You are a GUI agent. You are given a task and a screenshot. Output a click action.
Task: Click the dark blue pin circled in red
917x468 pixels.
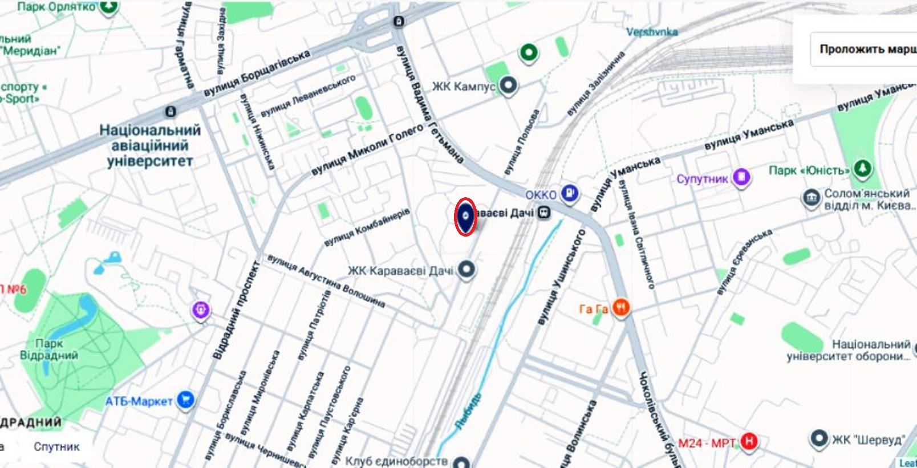[x=466, y=216]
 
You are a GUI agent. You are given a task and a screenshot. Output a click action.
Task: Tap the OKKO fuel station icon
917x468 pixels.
[x=569, y=193]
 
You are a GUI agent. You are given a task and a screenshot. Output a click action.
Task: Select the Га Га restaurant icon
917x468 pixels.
[x=621, y=308]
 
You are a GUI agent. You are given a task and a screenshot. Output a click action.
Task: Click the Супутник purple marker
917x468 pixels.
[x=741, y=177]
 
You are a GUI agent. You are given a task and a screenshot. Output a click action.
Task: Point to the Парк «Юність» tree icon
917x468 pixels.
[x=862, y=168]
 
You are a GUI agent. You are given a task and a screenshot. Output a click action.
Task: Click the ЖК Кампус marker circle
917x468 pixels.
[x=508, y=86]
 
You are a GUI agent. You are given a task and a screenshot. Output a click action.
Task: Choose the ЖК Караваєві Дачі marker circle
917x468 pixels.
[x=467, y=269]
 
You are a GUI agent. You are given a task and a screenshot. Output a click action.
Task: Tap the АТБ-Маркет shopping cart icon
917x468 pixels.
[x=185, y=400]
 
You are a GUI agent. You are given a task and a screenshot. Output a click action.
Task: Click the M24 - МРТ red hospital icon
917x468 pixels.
[x=749, y=441]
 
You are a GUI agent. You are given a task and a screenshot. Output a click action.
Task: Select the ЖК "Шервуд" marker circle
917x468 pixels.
[x=819, y=439]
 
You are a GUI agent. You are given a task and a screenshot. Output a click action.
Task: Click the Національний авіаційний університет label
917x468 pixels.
[x=150, y=145]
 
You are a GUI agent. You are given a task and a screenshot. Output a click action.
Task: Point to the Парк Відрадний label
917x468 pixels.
[x=49, y=349]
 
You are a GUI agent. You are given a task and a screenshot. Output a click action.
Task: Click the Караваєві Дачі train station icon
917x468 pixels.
[x=545, y=213]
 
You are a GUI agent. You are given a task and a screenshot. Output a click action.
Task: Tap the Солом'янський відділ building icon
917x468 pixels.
[x=810, y=199]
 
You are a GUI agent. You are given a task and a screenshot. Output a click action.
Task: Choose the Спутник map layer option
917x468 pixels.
[x=56, y=446]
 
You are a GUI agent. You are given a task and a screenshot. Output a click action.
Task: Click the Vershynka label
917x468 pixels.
[x=652, y=32]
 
